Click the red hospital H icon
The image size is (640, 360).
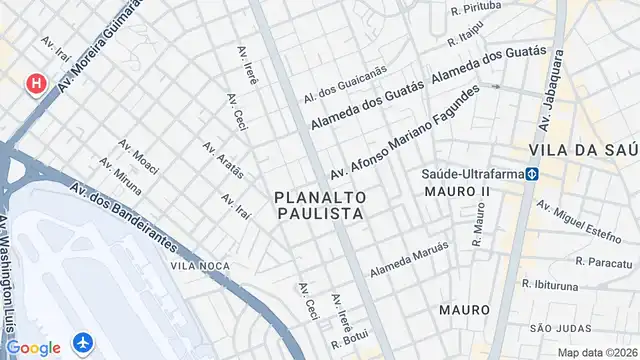pos(37,83)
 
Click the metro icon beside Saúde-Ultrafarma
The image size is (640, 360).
pos(535,173)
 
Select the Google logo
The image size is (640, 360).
pos(33,347)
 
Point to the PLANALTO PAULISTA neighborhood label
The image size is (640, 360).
pos(319,206)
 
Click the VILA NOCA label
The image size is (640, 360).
pos(200,265)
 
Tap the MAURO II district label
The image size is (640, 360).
pos(457,190)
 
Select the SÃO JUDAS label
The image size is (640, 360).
pos(555,328)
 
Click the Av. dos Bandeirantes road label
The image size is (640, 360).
pos(124,215)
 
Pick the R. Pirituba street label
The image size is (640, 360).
pos(475,8)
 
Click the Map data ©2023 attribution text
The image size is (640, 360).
pos(597,352)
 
